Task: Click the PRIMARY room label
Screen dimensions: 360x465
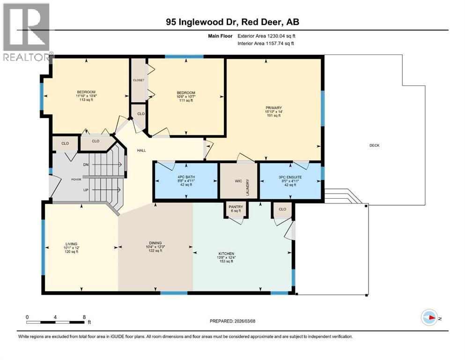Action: tap(273, 107)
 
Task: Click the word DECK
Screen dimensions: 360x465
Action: tap(374, 145)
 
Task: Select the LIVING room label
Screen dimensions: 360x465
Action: tap(71, 243)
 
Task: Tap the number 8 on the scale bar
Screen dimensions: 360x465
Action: tap(84, 317)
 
